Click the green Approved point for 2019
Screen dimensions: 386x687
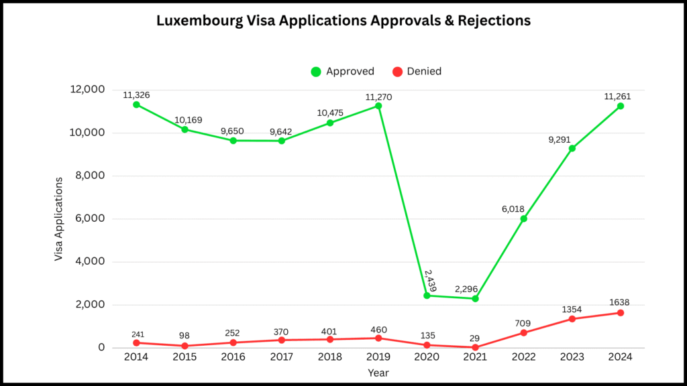point(378,106)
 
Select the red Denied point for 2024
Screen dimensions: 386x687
point(621,313)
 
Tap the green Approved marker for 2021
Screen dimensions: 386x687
point(475,298)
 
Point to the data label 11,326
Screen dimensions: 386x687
point(136,95)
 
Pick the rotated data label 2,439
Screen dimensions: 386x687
point(429,281)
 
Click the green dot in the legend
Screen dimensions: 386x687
point(316,72)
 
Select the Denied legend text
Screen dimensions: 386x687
point(424,72)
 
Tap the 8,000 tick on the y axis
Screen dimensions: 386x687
point(88,176)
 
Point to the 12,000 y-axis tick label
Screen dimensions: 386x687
point(85,90)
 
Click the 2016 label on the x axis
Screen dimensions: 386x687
point(233,358)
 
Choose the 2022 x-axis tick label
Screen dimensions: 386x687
point(523,358)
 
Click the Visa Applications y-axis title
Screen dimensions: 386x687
point(59,219)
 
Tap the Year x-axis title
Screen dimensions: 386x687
point(378,372)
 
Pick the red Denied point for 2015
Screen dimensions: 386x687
point(184,346)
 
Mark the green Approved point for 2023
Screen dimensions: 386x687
point(572,148)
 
